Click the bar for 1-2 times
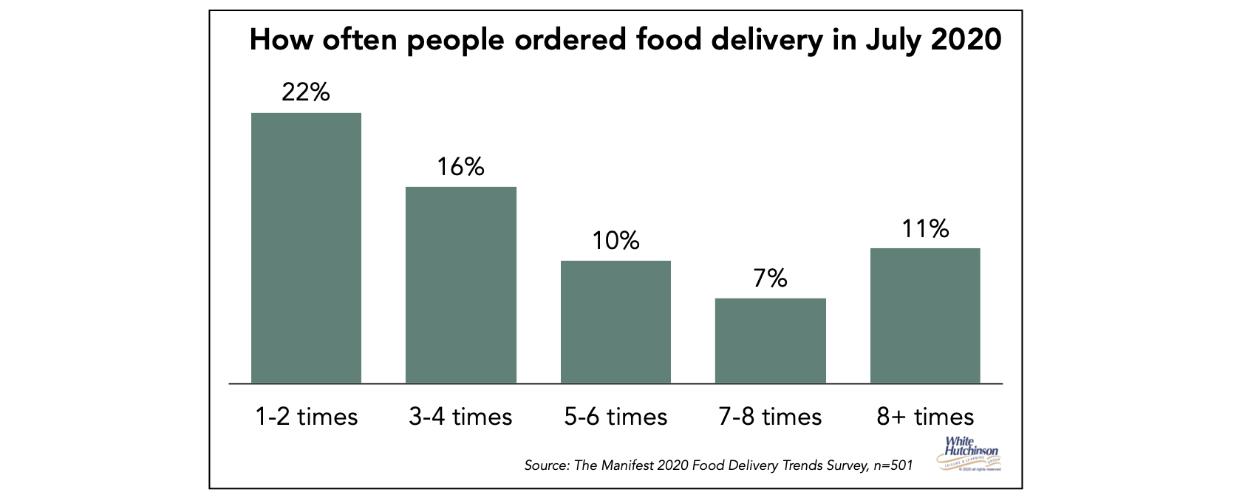pos(306,247)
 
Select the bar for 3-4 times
pos(461,284)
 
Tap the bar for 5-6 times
pos(616,321)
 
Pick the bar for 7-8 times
pos(771,340)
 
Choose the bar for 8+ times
pos(925,315)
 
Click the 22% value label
pos(305,92)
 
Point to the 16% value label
pos(460,167)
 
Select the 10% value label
pos(616,241)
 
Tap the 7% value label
pos(770,279)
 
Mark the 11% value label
pos(925,229)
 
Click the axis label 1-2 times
pos(306,417)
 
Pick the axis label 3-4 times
pos(460,417)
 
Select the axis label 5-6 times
pos(616,417)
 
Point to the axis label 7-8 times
pos(770,417)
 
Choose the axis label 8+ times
pos(925,417)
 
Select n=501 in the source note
pos(892,465)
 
